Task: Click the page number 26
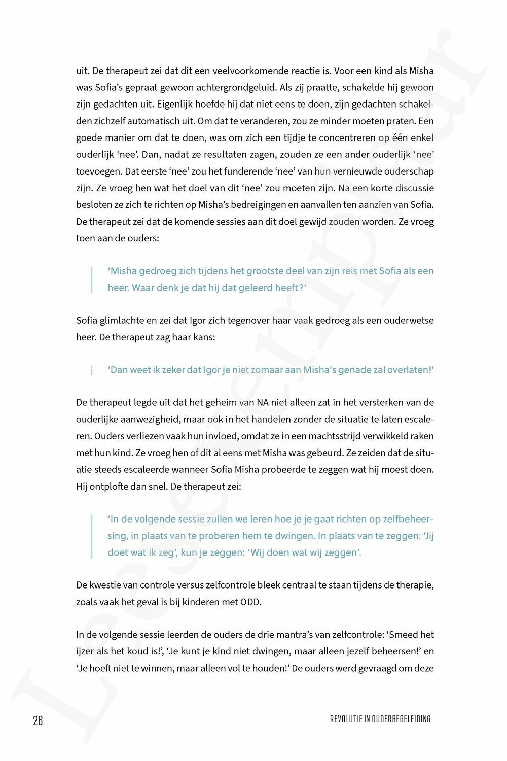pos(38,720)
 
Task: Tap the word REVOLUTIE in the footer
pos(345,719)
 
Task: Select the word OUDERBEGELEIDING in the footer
pos(402,719)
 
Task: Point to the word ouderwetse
pos(409,320)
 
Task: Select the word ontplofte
pos(109,486)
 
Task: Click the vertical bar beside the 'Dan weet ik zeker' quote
pos(92,370)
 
